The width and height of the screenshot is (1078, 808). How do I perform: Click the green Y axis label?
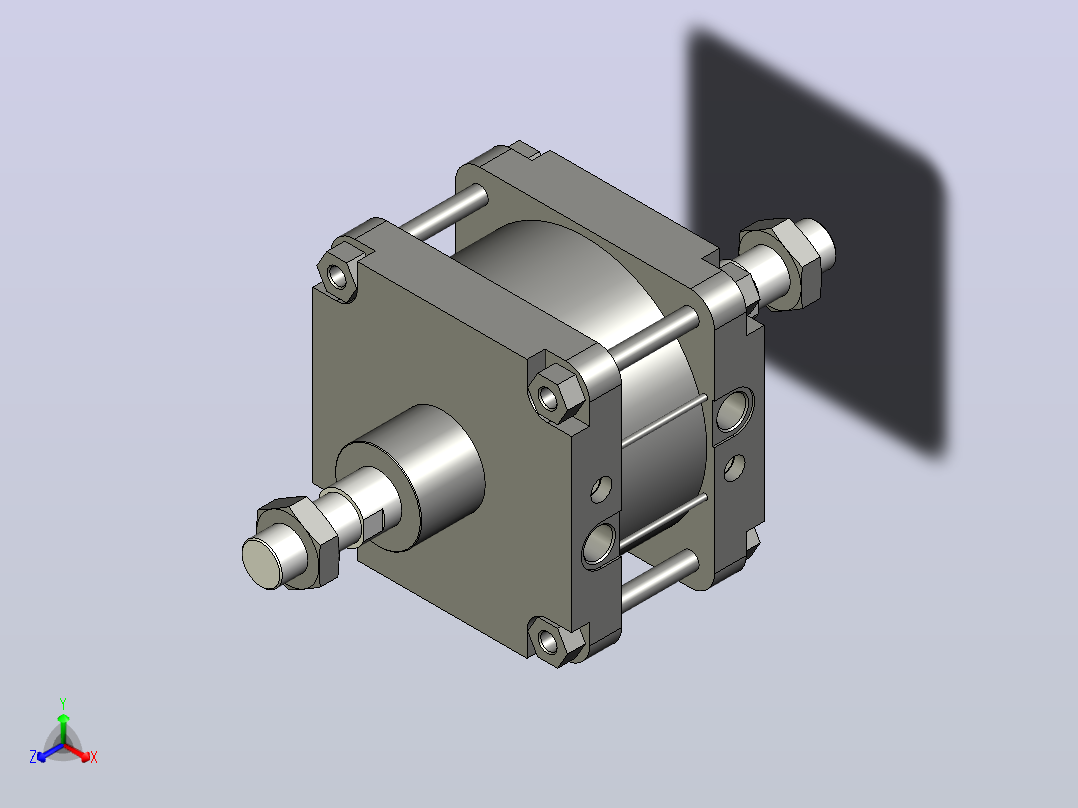tap(63, 703)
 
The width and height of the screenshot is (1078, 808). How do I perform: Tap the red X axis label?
tap(94, 757)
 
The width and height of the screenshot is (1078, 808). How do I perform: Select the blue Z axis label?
tap(33, 756)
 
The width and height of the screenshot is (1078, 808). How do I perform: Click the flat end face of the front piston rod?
tap(263, 563)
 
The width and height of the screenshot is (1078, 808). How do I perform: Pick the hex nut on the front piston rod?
tap(300, 542)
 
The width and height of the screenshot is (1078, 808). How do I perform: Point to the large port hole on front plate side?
tap(599, 543)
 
